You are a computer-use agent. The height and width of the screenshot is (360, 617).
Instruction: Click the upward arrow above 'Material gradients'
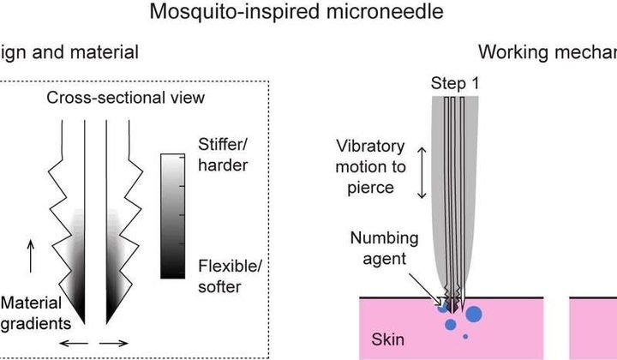(x=32, y=255)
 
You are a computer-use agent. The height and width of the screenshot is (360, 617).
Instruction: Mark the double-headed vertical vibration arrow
(x=421, y=171)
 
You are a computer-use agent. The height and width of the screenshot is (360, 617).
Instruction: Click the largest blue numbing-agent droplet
(x=473, y=315)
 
